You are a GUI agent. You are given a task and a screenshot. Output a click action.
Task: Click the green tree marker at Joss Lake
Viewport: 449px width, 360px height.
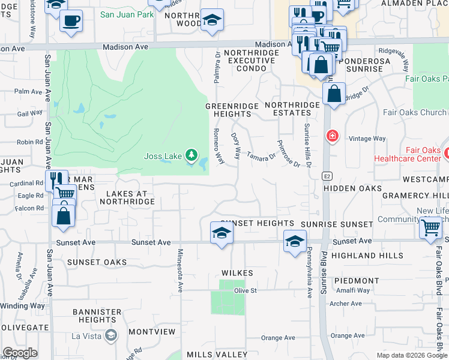point(191,156)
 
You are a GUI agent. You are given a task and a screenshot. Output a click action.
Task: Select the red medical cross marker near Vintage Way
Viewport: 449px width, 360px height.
point(331,136)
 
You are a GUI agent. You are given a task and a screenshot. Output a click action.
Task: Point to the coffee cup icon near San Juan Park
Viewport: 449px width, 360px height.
point(71,22)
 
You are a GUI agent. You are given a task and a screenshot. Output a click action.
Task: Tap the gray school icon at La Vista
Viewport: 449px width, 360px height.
point(110,336)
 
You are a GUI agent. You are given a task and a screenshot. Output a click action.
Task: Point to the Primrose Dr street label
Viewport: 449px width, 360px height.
point(289,154)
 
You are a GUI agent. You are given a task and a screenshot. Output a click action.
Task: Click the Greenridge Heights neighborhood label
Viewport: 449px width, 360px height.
point(228,110)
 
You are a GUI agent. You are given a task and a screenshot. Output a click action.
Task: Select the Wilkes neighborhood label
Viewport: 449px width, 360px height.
point(237,273)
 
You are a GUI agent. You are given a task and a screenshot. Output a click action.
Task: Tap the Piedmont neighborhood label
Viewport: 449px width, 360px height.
point(357,281)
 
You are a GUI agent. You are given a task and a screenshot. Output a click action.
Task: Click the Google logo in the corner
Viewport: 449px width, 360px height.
point(20,353)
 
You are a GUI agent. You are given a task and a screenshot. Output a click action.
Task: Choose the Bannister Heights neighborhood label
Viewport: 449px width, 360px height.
point(97,316)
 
